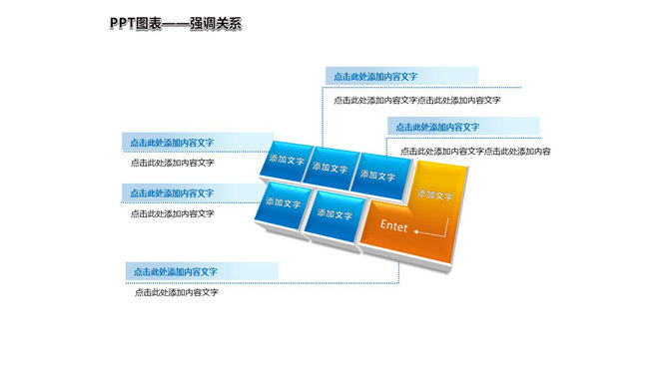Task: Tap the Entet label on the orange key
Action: click(394, 226)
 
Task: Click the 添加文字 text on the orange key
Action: click(435, 194)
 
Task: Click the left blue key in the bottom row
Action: click(285, 202)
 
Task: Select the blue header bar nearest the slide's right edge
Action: click(463, 127)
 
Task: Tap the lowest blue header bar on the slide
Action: click(201, 271)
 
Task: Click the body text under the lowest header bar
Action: click(177, 292)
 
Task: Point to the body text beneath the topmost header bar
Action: click(416, 100)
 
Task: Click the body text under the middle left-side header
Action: click(172, 212)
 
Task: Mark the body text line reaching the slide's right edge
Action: click(475, 151)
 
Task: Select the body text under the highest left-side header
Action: click(172, 163)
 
